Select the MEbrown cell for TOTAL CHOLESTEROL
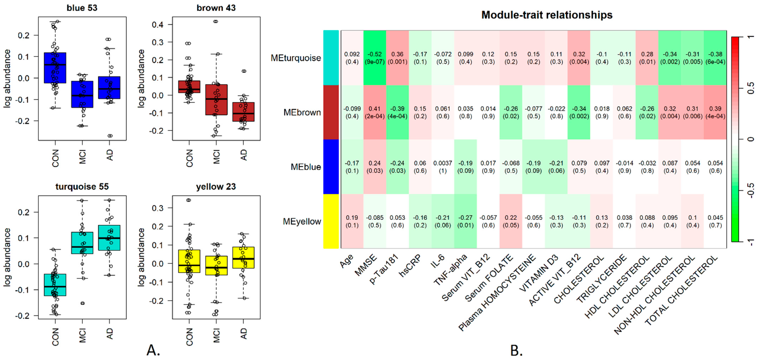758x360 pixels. tap(715, 112)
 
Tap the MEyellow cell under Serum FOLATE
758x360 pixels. tap(511, 221)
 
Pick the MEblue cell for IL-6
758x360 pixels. tap(443, 167)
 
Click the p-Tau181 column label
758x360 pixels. tap(384, 269)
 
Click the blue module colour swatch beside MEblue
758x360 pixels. tap(331, 167)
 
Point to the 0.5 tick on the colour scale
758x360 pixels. tap(751, 88)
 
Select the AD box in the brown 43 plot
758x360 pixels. tap(243, 112)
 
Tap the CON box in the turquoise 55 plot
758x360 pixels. tap(55, 285)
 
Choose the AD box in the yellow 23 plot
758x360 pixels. tap(243, 257)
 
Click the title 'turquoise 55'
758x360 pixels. tap(82, 187)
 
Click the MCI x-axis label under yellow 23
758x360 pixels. tap(216, 335)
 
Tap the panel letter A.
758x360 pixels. tap(153, 350)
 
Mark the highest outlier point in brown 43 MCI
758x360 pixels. tap(216, 21)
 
